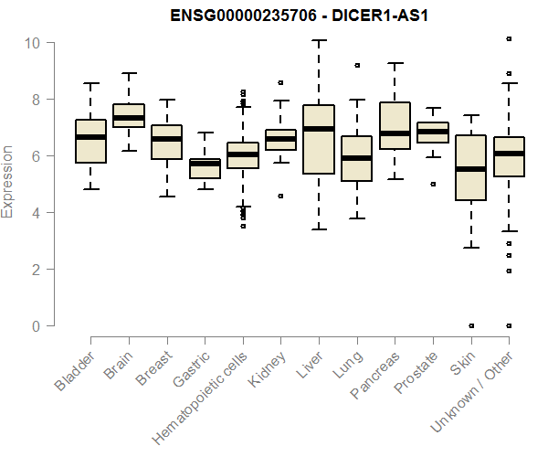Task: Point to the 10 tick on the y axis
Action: tap(32, 42)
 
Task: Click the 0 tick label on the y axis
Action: tap(32, 326)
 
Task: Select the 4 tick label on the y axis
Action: tap(32, 213)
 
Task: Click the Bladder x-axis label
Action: tap(76, 371)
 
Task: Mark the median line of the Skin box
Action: tap(470, 169)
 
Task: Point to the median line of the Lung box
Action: tap(356, 158)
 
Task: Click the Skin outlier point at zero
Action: tap(470, 325)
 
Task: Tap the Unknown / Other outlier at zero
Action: tap(508, 325)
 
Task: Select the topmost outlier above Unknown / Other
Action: tap(508, 39)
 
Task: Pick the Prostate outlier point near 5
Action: tap(432, 184)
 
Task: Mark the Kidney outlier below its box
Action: tap(280, 196)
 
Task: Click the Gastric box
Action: tap(205, 168)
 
